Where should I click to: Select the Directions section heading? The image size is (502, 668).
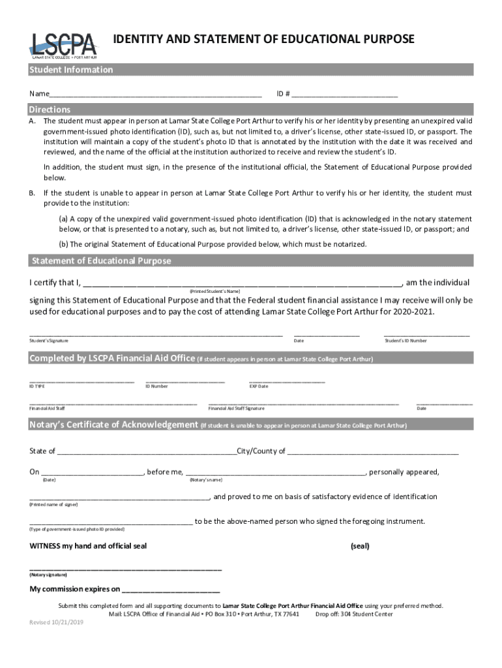click(50, 110)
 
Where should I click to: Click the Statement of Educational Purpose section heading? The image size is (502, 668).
click(101, 261)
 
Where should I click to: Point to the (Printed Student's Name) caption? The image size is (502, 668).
click(215, 290)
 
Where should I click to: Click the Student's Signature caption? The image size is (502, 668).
click(49, 341)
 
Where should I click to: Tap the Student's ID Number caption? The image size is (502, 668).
click(406, 341)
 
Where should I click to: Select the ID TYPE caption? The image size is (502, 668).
click(37, 386)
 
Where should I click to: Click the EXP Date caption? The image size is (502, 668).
click(259, 386)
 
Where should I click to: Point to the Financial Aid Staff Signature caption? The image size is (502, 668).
click(236, 408)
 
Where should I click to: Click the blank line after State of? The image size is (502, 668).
click(147, 451)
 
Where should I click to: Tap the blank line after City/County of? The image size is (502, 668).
click(373, 451)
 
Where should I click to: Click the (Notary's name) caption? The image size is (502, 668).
click(206, 479)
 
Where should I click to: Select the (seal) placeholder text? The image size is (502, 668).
click(360, 546)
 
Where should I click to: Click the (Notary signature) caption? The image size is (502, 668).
click(48, 575)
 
